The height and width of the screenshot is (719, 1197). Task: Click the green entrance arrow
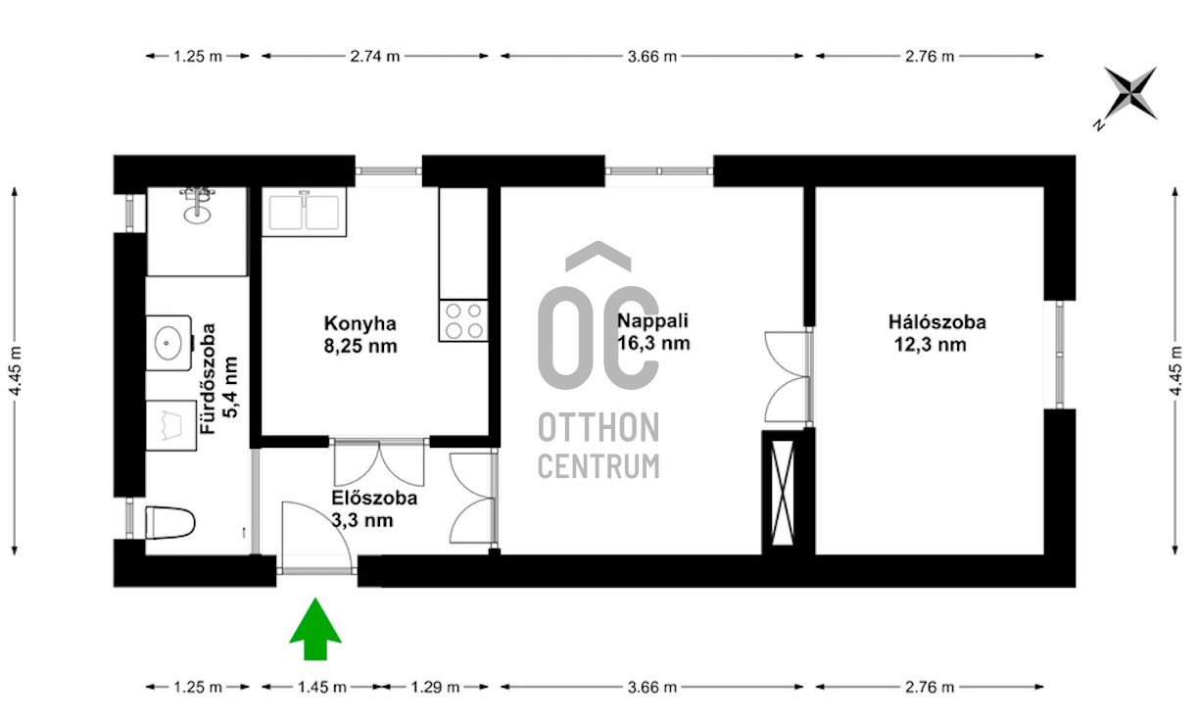(x=315, y=629)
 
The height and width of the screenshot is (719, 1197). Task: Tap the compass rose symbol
(x=1128, y=95)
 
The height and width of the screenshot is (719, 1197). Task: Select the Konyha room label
(x=360, y=323)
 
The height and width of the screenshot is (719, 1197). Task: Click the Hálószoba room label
(x=936, y=322)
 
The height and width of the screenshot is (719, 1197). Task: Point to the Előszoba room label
(x=374, y=498)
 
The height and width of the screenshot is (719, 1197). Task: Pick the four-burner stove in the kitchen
(x=463, y=320)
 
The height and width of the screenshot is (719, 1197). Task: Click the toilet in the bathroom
(x=169, y=522)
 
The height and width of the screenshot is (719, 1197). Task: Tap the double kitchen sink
(x=304, y=212)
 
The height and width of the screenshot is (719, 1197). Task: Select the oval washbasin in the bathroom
(x=168, y=343)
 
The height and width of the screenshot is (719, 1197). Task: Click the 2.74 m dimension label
(x=374, y=56)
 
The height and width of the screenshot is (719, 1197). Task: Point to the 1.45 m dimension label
(x=322, y=687)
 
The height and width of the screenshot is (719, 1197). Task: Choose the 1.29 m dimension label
(x=435, y=687)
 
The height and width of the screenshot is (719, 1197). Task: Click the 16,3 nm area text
(x=653, y=343)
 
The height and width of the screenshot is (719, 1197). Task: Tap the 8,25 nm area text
(x=360, y=347)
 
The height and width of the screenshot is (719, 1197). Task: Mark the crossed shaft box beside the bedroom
(x=783, y=493)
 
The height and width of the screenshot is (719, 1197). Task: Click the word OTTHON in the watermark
(x=598, y=427)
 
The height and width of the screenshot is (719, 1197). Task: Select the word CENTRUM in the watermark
(x=598, y=466)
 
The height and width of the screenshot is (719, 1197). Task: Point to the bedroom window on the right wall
(x=1059, y=355)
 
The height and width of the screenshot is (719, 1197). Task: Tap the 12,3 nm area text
(x=930, y=345)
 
